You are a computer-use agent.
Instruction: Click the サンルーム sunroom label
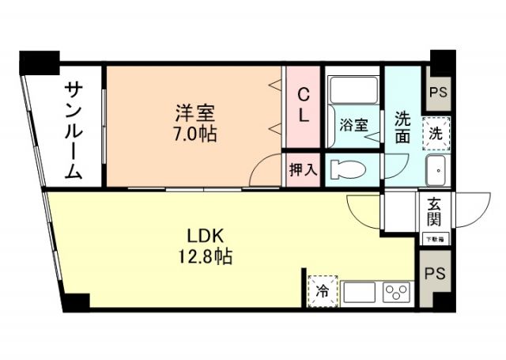click(x=73, y=131)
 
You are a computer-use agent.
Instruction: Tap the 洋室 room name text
click(x=194, y=113)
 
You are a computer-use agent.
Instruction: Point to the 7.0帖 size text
click(x=194, y=133)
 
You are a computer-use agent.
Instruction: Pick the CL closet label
click(x=303, y=105)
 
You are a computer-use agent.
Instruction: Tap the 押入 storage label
click(x=303, y=169)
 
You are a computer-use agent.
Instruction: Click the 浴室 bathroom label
click(x=353, y=125)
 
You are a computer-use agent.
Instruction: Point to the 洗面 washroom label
click(x=402, y=126)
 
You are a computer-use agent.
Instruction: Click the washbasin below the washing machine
click(x=436, y=169)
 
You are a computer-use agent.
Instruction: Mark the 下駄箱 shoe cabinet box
click(x=434, y=237)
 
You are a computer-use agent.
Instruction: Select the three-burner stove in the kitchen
click(x=395, y=291)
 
